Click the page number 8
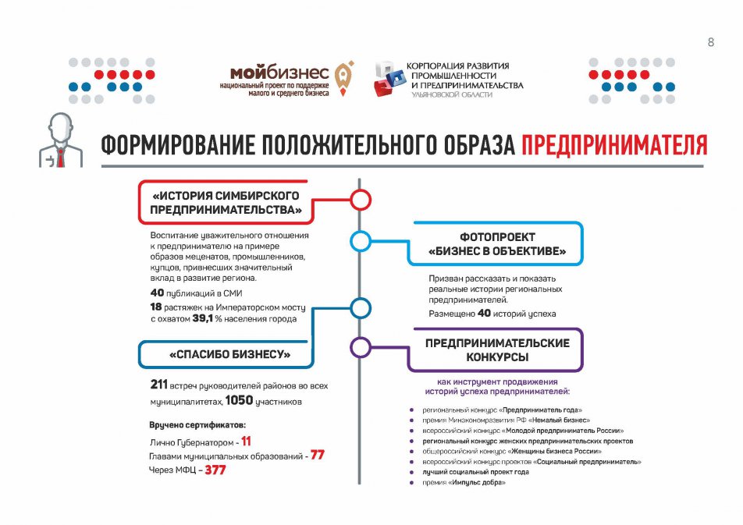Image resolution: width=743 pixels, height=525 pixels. click(711, 42)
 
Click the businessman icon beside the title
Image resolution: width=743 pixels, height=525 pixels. click(59, 140)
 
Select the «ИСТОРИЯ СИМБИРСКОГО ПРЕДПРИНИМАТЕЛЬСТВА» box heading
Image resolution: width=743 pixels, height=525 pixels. click(226, 202)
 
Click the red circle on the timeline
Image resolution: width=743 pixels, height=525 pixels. click(360, 200)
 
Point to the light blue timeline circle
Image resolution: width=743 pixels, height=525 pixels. click(360, 242)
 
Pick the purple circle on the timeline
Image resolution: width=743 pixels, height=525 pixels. click(360, 347)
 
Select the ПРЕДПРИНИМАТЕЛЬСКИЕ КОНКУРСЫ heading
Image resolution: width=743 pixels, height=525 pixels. click(497, 349)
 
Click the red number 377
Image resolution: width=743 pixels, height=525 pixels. click(220, 470)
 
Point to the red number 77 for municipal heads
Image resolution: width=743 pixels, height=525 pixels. click(317, 455)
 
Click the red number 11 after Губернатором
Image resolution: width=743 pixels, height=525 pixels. click(246, 441)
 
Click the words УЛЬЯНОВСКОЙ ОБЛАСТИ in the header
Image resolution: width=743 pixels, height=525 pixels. click(453, 94)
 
